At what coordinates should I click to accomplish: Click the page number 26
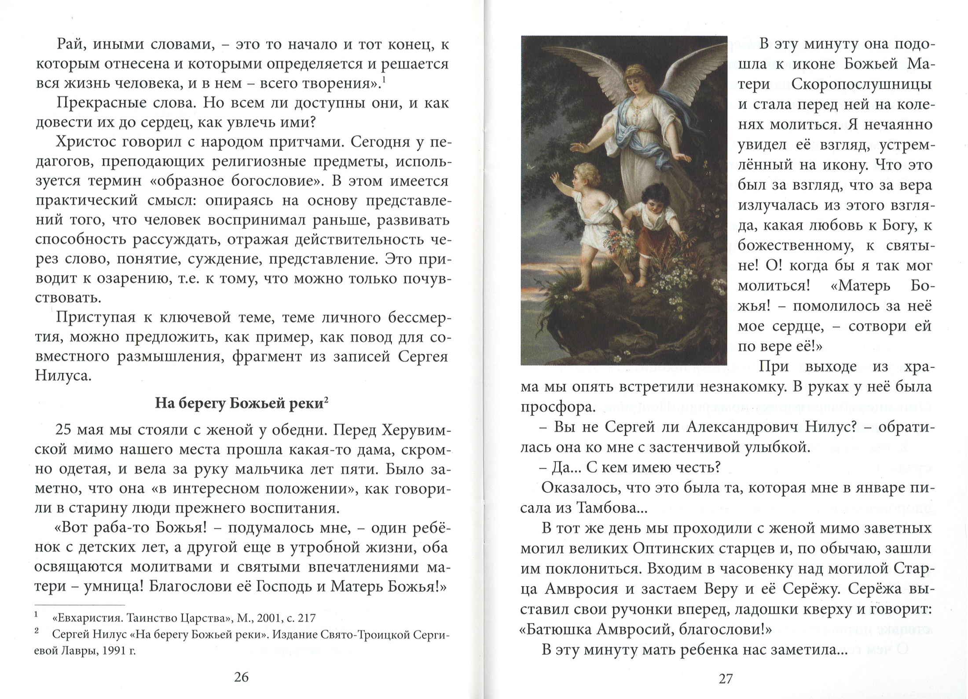point(242,677)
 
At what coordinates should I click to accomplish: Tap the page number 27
point(726,679)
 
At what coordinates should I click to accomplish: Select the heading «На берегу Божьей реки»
point(241,404)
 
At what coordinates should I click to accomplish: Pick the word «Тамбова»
point(607,508)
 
